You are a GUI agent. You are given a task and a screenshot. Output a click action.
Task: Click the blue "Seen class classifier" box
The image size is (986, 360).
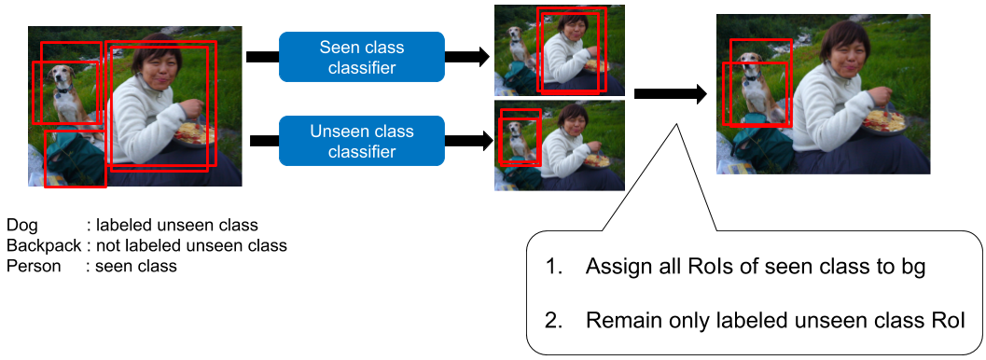tap(362, 57)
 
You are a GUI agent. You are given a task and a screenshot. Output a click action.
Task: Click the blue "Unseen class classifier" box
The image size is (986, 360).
tap(362, 141)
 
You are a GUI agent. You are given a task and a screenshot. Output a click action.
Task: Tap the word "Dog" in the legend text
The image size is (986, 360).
tap(21, 226)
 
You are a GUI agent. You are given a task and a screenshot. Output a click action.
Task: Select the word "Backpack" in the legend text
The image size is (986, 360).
tap(44, 245)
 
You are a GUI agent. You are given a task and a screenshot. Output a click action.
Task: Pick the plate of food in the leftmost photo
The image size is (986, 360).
tap(195, 133)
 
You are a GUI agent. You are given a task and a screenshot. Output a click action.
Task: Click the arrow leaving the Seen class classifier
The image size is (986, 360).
tap(467, 57)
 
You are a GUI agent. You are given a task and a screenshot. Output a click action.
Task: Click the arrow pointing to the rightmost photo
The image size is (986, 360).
tap(671, 94)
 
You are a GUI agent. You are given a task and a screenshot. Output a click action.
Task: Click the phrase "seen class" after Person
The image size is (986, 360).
tap(136, 266)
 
